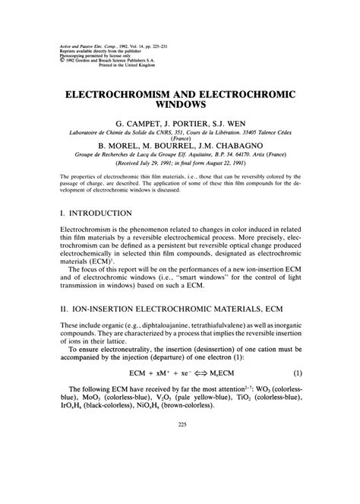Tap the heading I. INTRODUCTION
95,214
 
